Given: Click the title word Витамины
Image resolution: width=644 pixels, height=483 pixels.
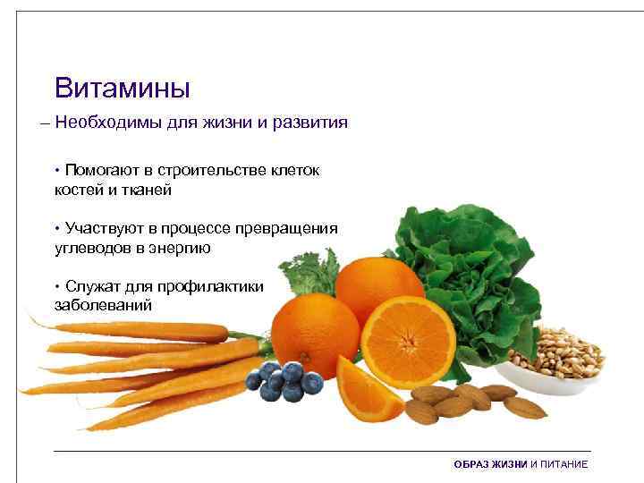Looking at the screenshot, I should [122, 89].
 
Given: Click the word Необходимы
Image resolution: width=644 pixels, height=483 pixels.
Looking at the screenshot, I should [107, 123].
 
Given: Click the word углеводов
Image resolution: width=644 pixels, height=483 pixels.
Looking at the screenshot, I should [92, 248].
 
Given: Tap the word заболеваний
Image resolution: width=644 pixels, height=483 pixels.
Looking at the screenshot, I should [103, 305].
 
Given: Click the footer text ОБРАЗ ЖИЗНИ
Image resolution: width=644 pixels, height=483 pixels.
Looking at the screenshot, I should [491, 465].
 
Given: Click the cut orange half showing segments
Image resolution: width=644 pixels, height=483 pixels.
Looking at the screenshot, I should [408, 340].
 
